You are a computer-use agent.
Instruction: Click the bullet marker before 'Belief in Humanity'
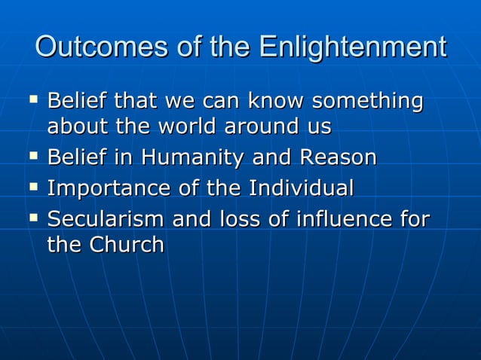[32, 157]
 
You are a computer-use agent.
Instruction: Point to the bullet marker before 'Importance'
[32, 186]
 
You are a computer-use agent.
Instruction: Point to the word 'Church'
[127, 246]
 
